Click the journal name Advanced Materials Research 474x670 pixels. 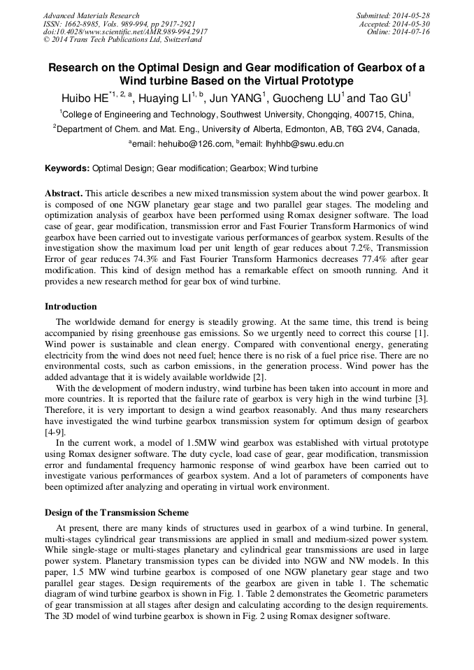91,15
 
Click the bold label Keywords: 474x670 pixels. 67,168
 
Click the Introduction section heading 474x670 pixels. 71,306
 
